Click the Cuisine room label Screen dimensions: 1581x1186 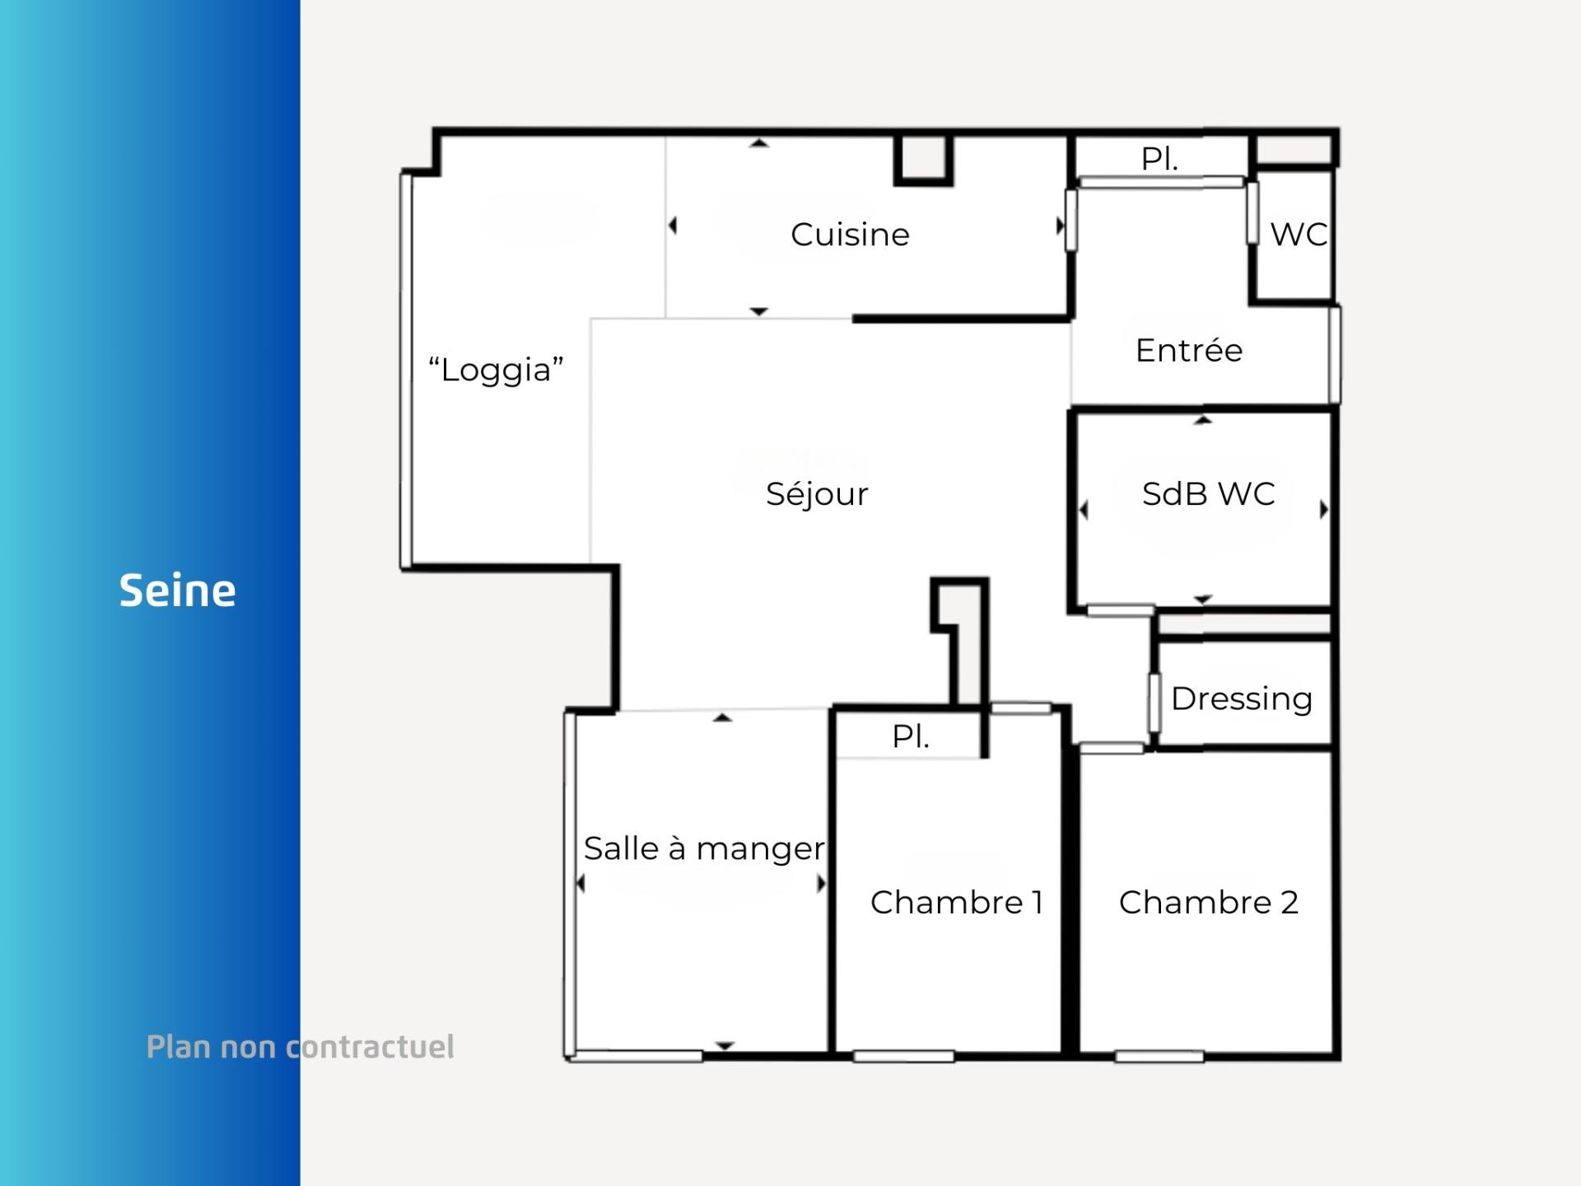pos(850,235)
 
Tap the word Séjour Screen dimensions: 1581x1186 pos(817,494)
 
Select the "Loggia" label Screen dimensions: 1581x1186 pos(496,370)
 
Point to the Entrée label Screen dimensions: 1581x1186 pos(1189,350)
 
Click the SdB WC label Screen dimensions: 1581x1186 pos(1208,493)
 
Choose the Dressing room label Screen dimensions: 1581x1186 pos(1242,699)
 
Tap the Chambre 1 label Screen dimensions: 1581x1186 pos(957,902)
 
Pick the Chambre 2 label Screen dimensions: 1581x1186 pos(1209,902)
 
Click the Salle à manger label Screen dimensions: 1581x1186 pos(704,849)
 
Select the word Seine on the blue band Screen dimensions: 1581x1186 pos(178,591)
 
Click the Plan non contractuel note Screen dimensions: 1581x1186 pos(301,1047)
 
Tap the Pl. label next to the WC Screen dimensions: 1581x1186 pos(1159,158)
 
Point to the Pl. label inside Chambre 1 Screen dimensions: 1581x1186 pos(911,736)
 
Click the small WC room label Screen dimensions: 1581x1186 pos(1299,235)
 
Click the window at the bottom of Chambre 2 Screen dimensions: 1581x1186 pos(1159,1056)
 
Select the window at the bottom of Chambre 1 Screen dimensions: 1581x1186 pos(903,1056)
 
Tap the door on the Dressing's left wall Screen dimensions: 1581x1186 pos(1154,703)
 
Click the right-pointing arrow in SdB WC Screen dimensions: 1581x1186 pos(1324,509)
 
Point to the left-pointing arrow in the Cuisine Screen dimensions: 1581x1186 pos(673,225)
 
